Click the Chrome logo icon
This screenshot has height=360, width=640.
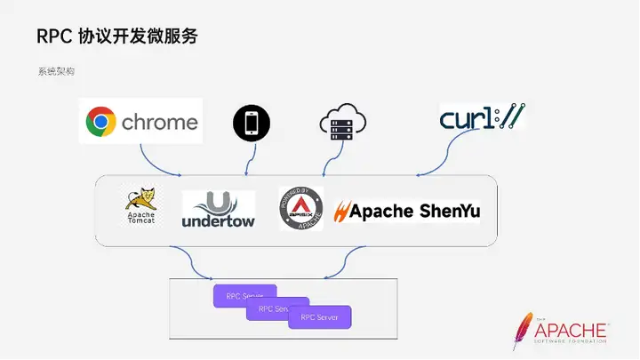tap(101, 123)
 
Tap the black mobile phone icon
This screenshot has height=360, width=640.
tap(250, 124)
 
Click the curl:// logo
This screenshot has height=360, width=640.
tap(481, 117)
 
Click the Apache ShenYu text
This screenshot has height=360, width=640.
tap(414, 212)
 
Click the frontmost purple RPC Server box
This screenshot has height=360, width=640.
tap(320, 316)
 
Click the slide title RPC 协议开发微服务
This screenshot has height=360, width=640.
tap(117, 36)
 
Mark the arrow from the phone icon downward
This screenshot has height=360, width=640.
tap(252, 157)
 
